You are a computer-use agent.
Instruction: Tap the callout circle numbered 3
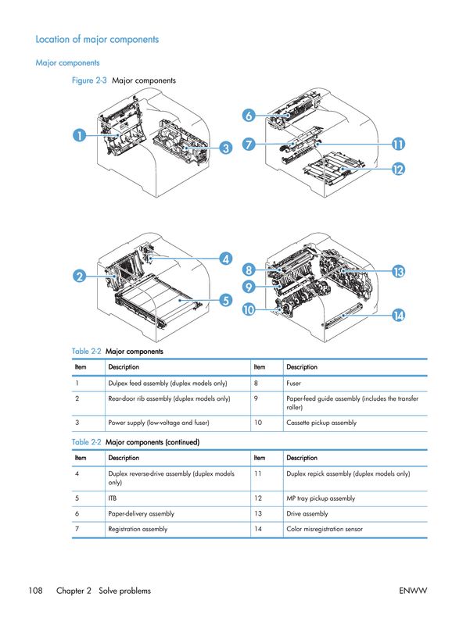tap(224, 148)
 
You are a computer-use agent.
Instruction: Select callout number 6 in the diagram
tap(248, 116)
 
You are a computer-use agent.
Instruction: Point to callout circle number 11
tap(398, 145)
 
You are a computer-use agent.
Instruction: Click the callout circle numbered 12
tap(398, 169)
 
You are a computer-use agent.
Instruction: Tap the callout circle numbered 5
tap(224, 298)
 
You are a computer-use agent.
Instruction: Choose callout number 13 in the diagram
tap(398, 272)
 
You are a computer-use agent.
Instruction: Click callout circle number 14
tap(398, 315)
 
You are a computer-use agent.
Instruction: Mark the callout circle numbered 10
tap(248, 310)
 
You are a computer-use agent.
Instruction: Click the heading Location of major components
tap(97, 39)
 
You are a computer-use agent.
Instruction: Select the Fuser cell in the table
tap(294, 384)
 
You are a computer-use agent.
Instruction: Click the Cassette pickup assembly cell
tap(321, 423)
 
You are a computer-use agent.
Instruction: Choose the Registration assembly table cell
tap(137, 529)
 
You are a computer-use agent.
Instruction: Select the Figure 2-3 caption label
tap(88, 80)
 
